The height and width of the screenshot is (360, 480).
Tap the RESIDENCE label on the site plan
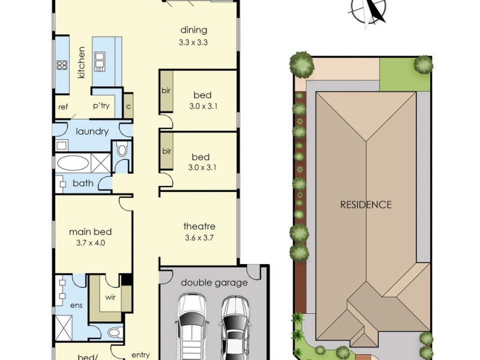(x=365, y=205)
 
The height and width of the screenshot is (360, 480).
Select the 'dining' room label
(x=193, y=30)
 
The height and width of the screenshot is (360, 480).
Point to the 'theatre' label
(x=199, y=226)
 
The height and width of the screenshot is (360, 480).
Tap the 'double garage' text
(x=214, y=283)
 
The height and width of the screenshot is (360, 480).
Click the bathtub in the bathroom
(x=72, y=163)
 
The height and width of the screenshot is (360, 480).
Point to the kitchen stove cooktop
(x=61, y=65)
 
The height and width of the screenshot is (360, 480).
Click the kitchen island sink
(x=100, y=59)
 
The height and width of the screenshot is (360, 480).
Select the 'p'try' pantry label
(x=100, y=106)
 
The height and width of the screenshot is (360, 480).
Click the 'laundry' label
(x=92, y=131)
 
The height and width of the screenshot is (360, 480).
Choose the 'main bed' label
(x=91, y=232)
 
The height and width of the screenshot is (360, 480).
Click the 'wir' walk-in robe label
(x=111, y=296)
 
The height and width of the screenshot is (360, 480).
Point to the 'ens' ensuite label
(x=76, y=305)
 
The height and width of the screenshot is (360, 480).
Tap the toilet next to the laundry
(x=122, y=150)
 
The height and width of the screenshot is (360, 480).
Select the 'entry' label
(x=140, y=355)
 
